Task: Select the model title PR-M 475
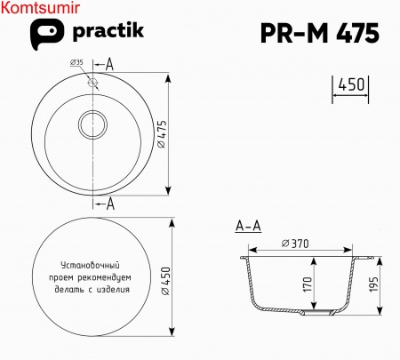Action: tap(319, 33)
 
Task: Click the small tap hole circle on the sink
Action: tap(92, 80)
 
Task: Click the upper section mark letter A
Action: tap(110, 64)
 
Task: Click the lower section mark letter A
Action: tap(110, 204)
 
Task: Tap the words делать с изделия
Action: tap(92, 289)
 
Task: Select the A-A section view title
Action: tap(248, 228)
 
